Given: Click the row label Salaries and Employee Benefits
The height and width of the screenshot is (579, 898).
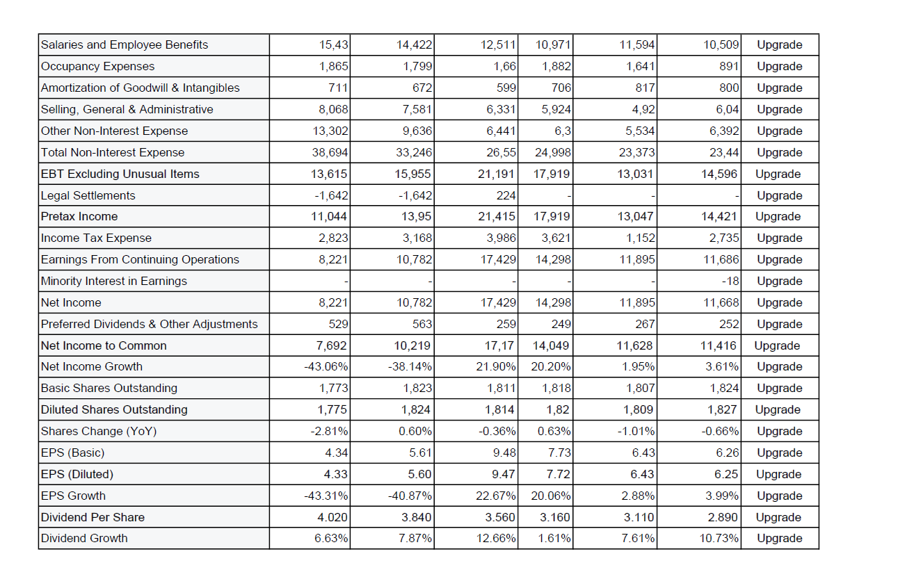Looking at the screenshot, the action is pyautogui.click(x=125, y=45).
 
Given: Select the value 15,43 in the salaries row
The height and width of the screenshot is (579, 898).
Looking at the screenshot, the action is pyautogui.click(x=333, y=45).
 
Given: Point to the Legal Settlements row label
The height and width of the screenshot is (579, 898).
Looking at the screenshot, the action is pyautogui.click(x=88, y=195).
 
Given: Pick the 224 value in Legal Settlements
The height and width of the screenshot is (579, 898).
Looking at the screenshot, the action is pyautogui.click(x=506, y=195).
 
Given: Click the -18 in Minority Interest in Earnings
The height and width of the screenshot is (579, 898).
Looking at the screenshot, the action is pyautogui.click(x=730, y=281).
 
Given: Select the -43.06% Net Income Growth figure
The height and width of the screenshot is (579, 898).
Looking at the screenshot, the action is pyautogui.click(x=326, y=366).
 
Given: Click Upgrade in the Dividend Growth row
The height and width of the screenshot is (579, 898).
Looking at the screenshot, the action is pyautogui.click(x=779, y=538).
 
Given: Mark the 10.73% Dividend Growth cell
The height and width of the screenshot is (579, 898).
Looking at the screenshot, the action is pyautogui.click(x=720, y=538).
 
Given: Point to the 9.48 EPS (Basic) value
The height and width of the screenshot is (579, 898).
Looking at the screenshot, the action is pyautogui.click(x=504, y=452).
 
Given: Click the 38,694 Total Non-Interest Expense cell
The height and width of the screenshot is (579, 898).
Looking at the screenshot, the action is pyautogui.click(x=330, y=152).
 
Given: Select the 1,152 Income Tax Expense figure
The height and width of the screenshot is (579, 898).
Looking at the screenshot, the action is pyautogui.click(x=640, y=238).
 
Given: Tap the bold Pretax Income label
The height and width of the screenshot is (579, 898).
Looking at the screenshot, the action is pyautogui.click(x=80, y=216).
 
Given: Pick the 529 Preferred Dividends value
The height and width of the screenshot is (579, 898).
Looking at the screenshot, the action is pyautogui.click(x=338, y=324).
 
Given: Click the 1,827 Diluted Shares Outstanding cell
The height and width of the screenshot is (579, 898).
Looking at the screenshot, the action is pyautogui.click(x=723, y=409).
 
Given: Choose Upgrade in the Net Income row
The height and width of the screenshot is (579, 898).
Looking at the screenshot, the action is pyautogui.click(x=779, y=302).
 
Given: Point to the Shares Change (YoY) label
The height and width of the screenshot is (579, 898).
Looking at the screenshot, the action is pyautogui.click(x=99, y=431).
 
